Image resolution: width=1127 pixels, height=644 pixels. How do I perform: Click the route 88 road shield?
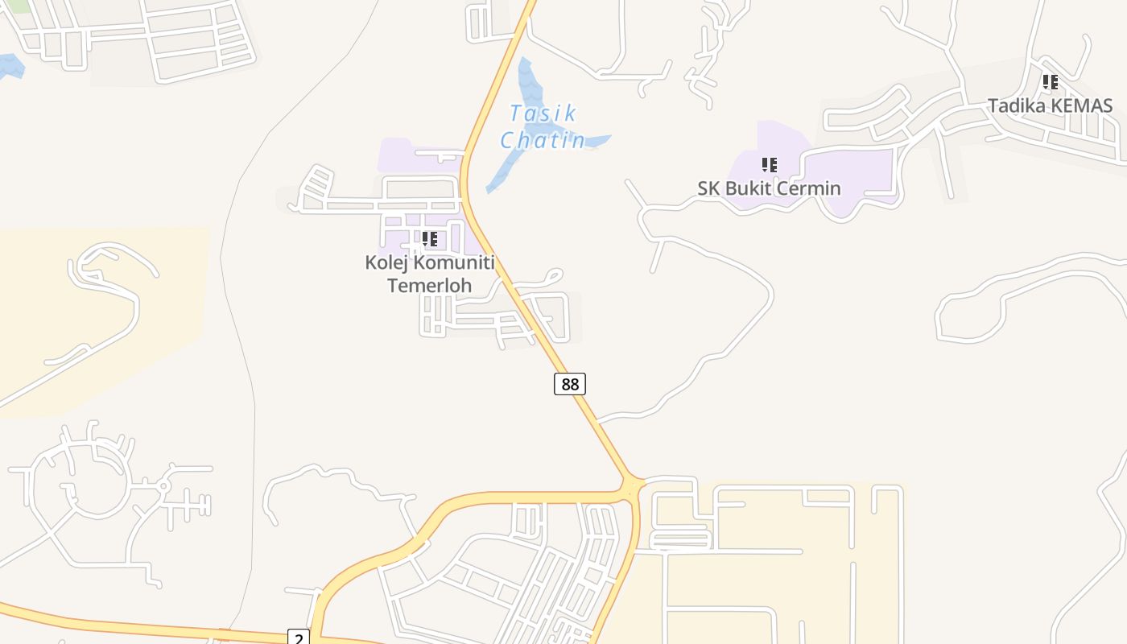pos(570,384)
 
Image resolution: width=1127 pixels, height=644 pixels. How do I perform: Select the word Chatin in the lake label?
pos(543,140)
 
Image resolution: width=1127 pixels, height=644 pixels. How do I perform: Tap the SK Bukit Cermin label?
pos(769,188)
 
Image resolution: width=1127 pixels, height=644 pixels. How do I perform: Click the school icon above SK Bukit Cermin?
pos(770,165)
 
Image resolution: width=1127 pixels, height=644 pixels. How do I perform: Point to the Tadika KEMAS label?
pos(1050,105)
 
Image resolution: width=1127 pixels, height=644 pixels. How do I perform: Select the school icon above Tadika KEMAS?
pos(1051,82)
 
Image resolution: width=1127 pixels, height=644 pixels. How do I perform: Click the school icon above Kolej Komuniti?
pos(430,239)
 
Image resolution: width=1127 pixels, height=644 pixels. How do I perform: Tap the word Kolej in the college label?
pos(382,262)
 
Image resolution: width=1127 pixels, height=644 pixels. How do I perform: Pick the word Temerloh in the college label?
pos(429,285)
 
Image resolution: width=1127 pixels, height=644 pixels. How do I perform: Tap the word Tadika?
pos(1017,105)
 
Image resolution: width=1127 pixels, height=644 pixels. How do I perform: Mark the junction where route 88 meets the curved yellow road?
pos(632,486)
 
